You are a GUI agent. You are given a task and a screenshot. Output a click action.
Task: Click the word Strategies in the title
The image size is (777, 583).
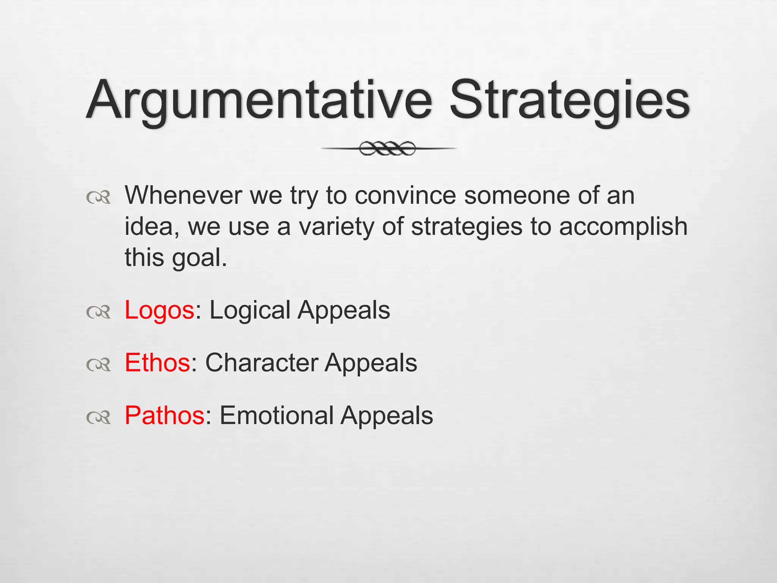(x=569, y=101)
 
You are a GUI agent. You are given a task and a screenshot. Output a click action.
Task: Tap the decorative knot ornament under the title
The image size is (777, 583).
(x=387, y=148)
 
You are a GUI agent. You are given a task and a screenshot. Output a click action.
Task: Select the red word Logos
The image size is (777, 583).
(x=159, y=310)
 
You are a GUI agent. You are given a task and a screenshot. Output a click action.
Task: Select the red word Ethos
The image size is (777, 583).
(x=157, y=363)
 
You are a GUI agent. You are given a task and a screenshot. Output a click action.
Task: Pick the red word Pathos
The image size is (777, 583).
(x=165, y=415)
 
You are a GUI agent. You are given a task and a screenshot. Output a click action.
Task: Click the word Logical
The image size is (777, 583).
(x=250, y=310)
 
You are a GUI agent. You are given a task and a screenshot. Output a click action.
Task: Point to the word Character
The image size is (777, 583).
(x=261, y=363)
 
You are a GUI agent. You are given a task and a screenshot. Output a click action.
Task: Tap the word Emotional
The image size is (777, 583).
(x=276, y=415)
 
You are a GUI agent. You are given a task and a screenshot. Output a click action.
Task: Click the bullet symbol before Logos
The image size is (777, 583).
(x=98, y=312)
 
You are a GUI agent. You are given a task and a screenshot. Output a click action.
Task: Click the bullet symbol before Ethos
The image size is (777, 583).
(x=98, y=364)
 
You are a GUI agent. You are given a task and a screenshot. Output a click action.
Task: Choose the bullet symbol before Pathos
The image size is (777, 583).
(x=98, y=417)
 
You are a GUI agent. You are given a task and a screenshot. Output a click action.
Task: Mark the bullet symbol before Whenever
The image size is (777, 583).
(x=98, y=197)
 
